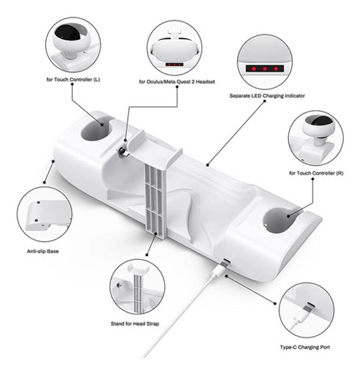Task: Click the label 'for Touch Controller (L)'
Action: (x=73, y=79)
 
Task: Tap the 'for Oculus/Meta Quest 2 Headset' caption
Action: (x=177, y=82)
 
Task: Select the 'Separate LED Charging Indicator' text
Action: (x=267, y=96)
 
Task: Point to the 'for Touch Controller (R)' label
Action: (x=316, y=173)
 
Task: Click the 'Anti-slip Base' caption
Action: (x=43, y=251)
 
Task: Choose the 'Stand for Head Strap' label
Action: (x=135, y=324)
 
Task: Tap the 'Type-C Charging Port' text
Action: (x=305, y=347)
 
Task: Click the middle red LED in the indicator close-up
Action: (x=265, y=68)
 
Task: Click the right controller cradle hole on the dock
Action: (x=280, y=220)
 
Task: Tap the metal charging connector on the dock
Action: (x=124, y=152)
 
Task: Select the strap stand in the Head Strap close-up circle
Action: (x=138, y=288)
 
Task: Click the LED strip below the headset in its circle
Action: (x=174, y=65)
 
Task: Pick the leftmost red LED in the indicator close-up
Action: (x=254, y=68)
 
